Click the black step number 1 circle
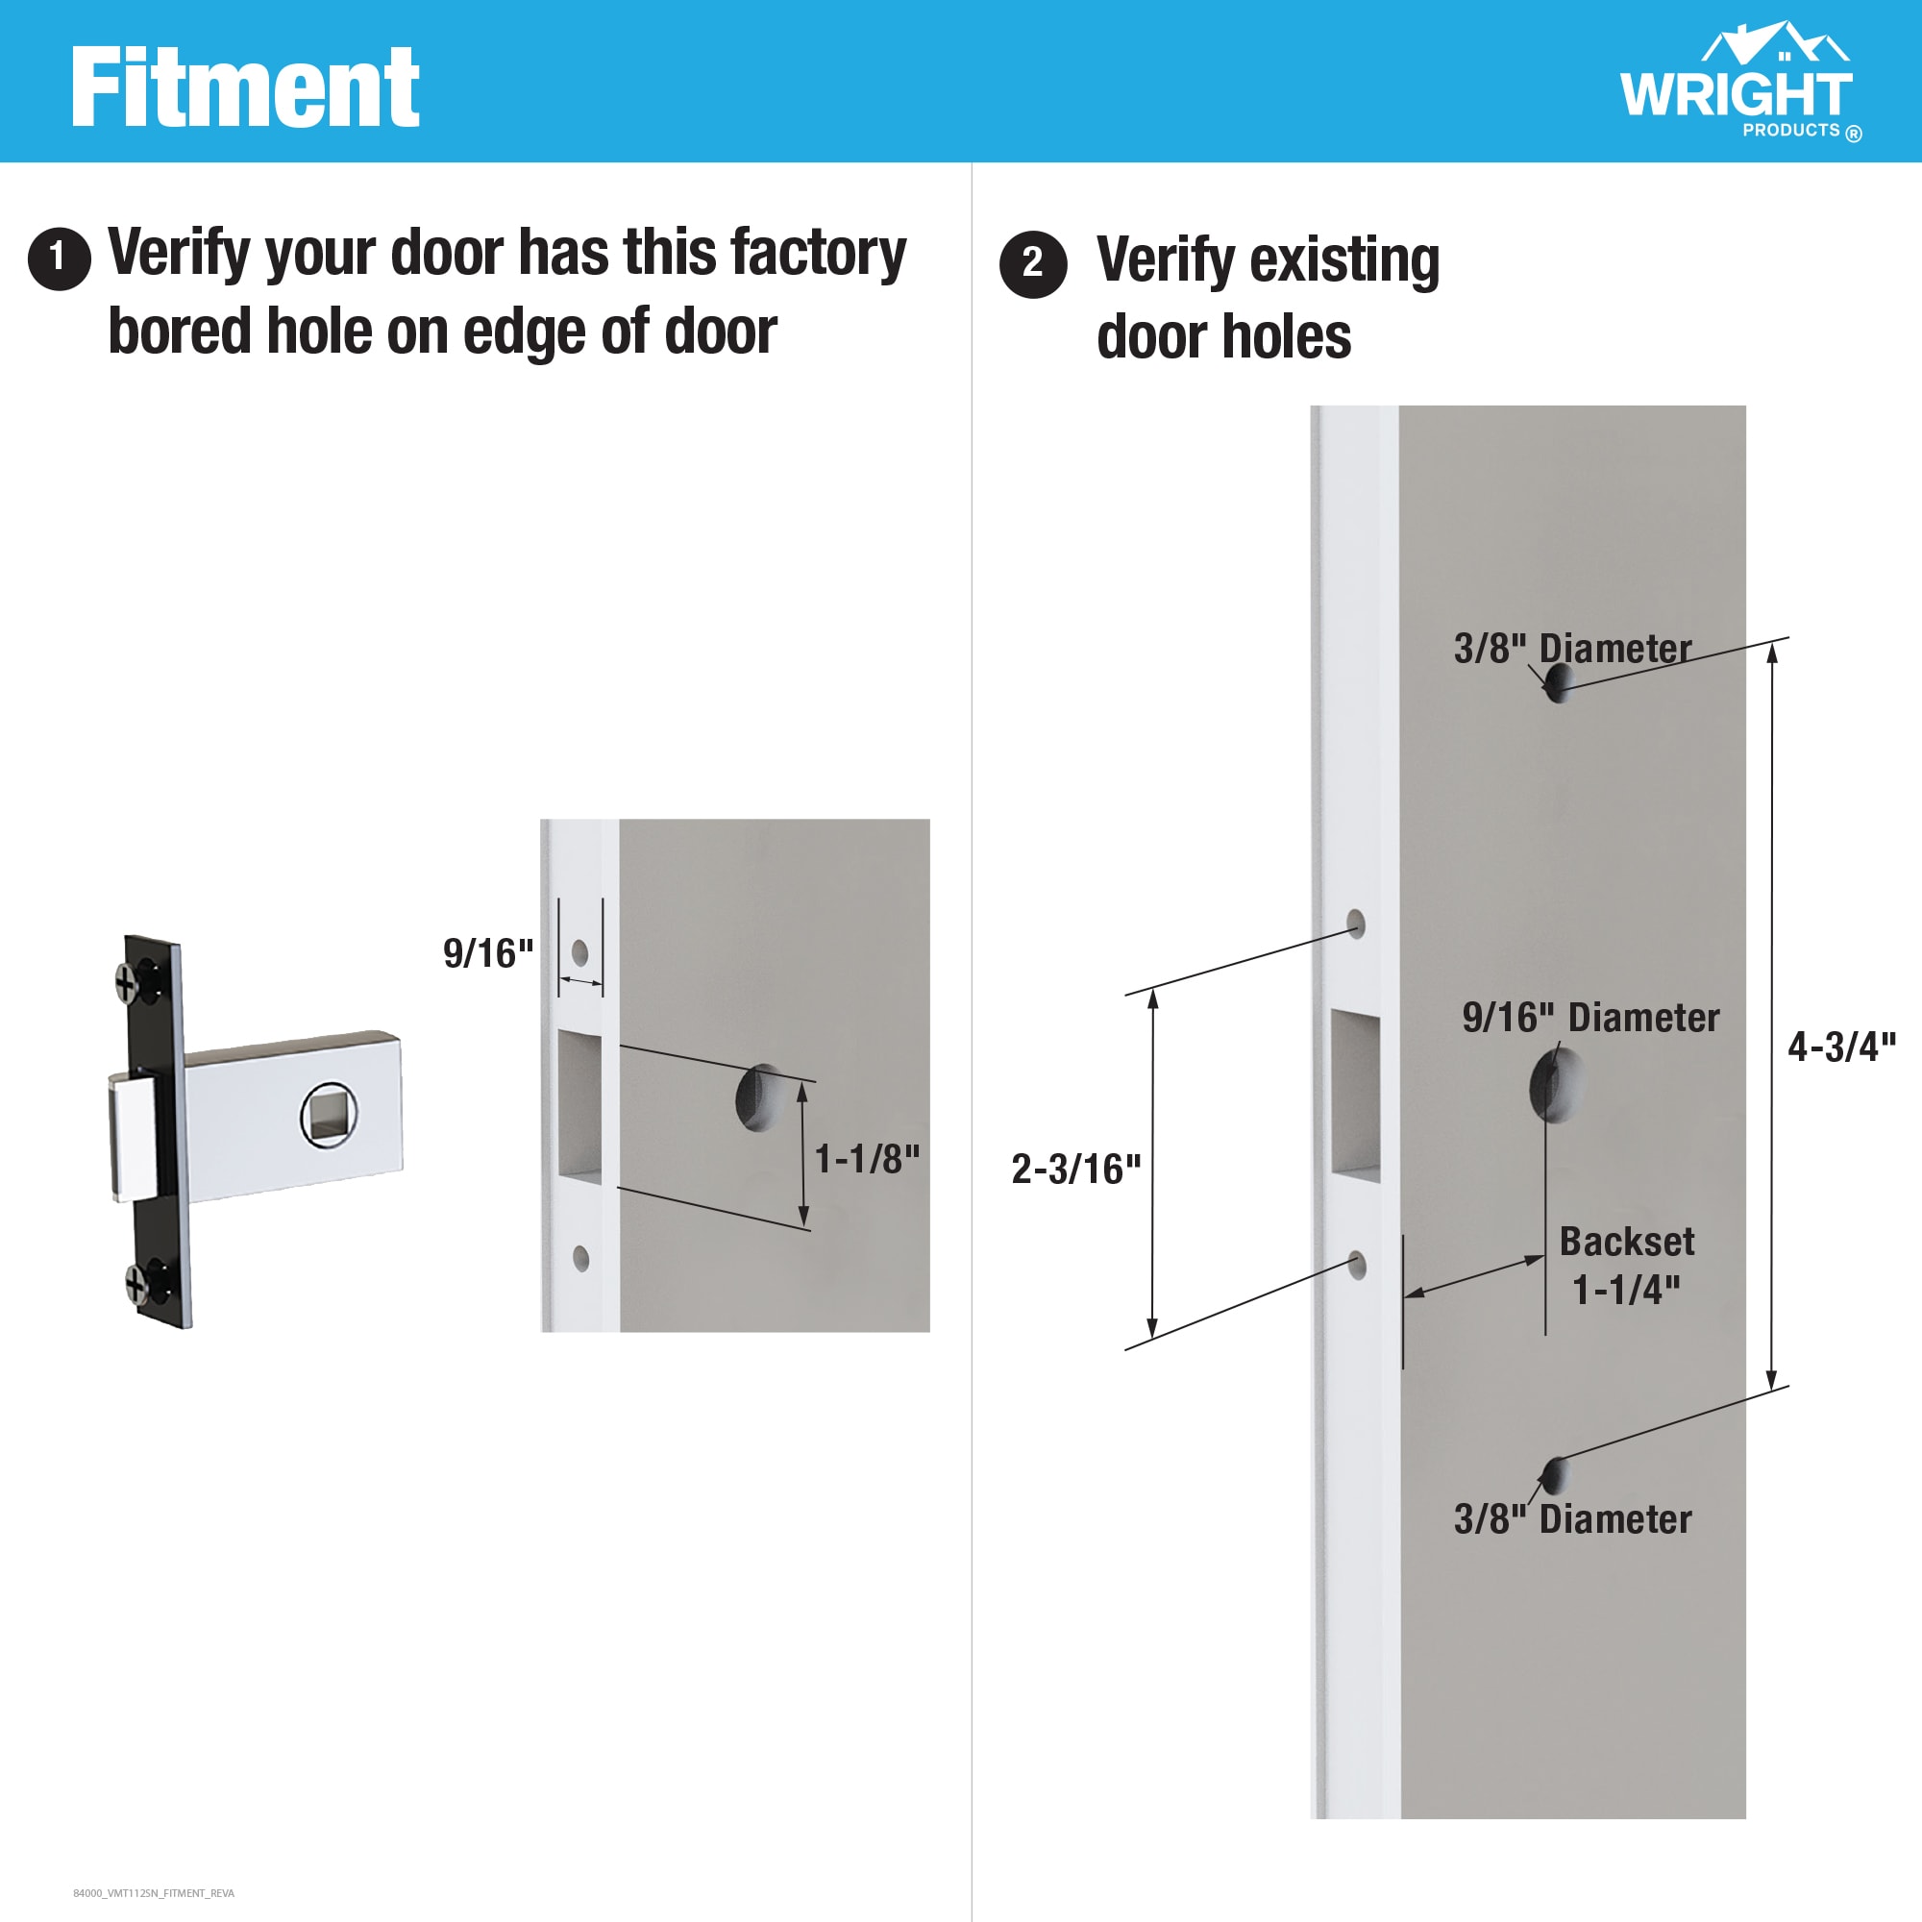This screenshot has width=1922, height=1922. click(60, 259)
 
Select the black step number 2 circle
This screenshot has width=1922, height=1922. click(1033, 264)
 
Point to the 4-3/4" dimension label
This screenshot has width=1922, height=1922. click(1841, 1047)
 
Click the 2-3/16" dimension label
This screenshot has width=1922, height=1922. click(1075, 1169)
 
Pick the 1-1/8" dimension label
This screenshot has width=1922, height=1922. click(867, 1159)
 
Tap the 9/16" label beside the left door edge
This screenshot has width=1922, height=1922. click(487, 953)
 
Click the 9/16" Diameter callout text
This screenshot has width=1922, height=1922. click(1589, 1018)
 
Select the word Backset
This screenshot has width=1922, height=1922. click(1627, 1242)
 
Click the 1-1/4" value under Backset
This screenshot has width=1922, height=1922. click(1626, 1291)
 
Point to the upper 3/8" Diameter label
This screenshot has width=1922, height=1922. click(1572, 649)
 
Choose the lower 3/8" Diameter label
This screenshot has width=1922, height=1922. click(1572, 1519)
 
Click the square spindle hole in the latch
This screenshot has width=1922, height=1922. click(329, 1114)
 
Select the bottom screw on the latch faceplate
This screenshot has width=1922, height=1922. click(137, 1283)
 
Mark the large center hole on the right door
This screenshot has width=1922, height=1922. click(1555, 1084)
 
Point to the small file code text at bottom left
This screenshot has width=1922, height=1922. click(153, 1893)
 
